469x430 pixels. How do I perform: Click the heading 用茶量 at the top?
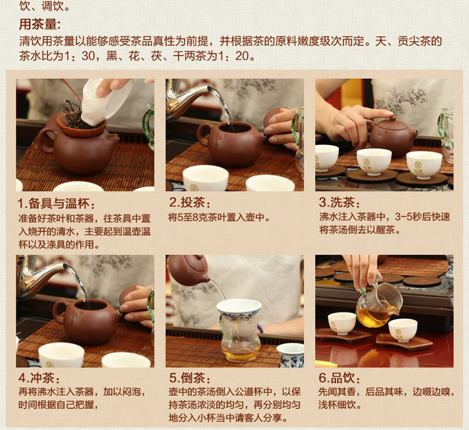tap(40, 24)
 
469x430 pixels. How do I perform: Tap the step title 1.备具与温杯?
tap(56, 204)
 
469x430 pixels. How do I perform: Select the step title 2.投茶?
tap(190, 202)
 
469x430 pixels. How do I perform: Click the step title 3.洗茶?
tap(340, 202)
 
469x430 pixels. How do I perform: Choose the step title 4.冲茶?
tap(39, 378)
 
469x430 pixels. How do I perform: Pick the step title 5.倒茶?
tap(190, 378)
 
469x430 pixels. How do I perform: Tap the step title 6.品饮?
tap(340, 378)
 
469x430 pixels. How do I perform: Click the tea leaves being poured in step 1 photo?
tap(72, 116)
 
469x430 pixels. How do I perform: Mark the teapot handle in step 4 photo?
tap(59, 312)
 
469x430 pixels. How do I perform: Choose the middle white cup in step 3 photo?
tap(374, 161)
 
